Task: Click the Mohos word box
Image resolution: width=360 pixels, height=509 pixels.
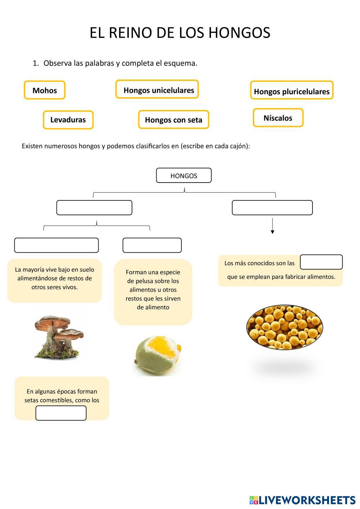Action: tap(45, 90)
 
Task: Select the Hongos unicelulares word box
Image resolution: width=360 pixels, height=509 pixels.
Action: tap(157, 89)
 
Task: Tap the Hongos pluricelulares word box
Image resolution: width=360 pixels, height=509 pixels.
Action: tap(292, 90)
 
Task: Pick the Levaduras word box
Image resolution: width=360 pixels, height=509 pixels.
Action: tap(68, 120)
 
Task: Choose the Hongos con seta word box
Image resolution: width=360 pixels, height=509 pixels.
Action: tap(174, 120)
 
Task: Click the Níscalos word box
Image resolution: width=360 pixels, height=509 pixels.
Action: tap(278, 118)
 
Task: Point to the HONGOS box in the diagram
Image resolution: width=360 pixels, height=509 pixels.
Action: tap(184, 176)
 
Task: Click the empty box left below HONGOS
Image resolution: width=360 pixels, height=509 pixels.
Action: tap(94, 208)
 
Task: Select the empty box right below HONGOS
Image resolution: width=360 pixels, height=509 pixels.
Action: tap(272, 208)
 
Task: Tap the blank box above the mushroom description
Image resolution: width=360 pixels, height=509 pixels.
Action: tap(56, 245)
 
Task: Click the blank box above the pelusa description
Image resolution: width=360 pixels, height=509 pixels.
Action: tap(152, 245)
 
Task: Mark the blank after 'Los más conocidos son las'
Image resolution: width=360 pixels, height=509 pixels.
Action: tap(321, 262)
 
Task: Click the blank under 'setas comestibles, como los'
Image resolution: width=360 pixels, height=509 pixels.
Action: tap(61, 413)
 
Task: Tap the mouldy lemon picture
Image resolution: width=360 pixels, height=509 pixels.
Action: tap(158, 355)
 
